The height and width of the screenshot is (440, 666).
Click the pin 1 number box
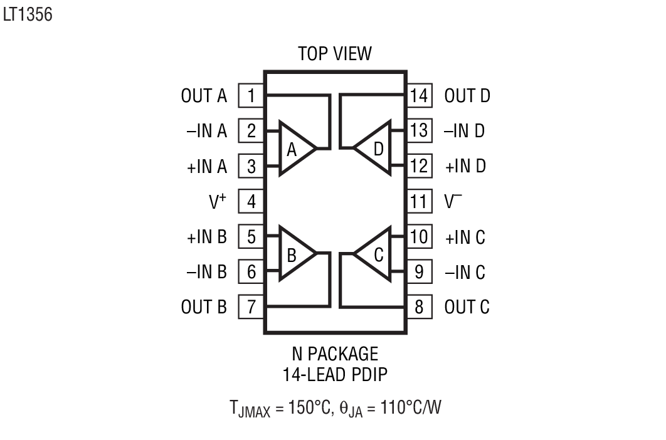point(251,96)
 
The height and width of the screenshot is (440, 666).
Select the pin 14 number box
point(419,96)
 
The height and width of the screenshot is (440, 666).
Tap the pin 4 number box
point(251,202)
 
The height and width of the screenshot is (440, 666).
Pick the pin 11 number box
point(419,202)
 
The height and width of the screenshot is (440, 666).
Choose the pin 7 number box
point(251,308)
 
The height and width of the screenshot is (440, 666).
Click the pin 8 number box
point(419,308)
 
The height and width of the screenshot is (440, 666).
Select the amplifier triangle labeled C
point(374,254)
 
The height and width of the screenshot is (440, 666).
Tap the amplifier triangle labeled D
point(374,149)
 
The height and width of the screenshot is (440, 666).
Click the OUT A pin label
point(204,96)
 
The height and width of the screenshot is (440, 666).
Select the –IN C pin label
point(465,273)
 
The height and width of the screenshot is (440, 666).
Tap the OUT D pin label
point(467,96)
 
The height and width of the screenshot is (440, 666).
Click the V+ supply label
point(218,202)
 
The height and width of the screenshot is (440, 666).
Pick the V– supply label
point(452,202)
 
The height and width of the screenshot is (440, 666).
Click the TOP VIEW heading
point(334,54)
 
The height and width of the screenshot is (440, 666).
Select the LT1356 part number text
point(27,14)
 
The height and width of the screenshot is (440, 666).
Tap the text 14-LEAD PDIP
point(334,375)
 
